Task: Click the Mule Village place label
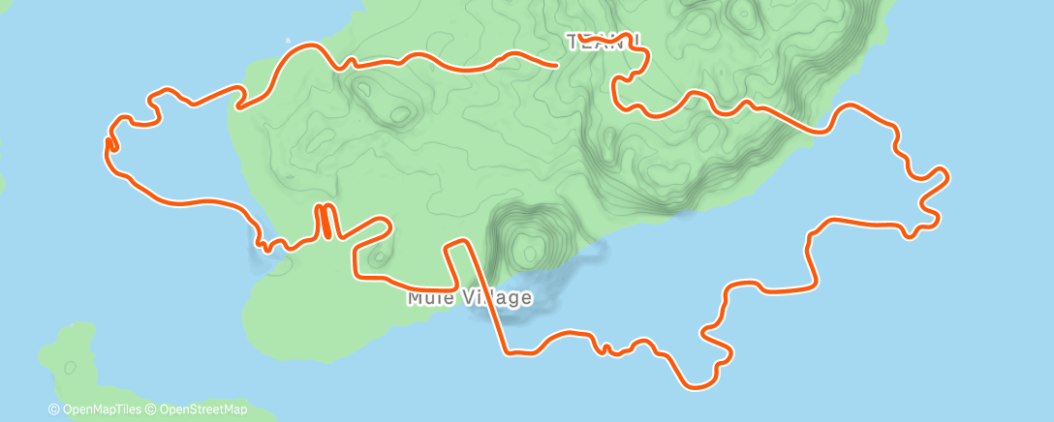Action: [469, 298]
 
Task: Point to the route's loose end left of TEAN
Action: [556, 66]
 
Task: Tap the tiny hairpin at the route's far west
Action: [109, 144]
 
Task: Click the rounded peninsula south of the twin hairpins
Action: [281, 290]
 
